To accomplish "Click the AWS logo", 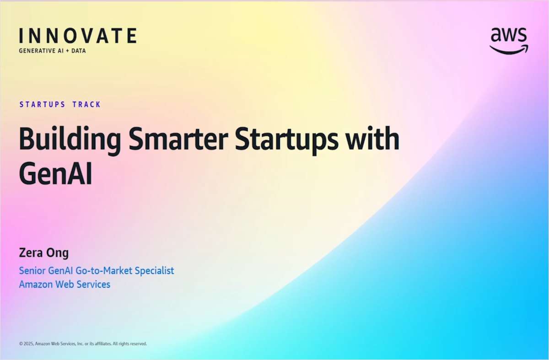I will pos(509,40).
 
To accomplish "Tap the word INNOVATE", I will pos(78,36).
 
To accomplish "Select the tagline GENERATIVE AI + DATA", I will pos(52,51).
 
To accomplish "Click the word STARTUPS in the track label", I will pos(42,104).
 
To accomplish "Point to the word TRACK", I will pos(86,104).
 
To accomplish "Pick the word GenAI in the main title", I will pos(55,175).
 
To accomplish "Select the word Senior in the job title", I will pos(33,270).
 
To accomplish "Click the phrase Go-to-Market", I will pos(106,270).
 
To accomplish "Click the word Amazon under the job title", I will pos(37,284).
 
